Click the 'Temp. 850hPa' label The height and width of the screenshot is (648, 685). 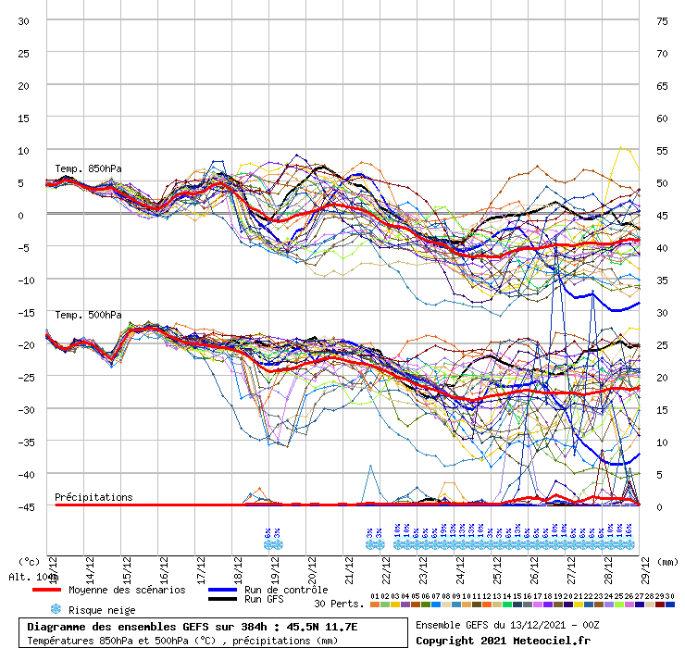[x=88, y=168]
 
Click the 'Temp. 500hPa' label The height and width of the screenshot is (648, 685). [x=88, y=315]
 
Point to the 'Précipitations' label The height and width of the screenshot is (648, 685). [x=93, y=497]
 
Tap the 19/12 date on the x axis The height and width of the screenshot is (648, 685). [x=275, y=563]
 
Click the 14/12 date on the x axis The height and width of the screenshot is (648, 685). [x=90, y=563]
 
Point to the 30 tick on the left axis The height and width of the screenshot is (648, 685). [x=24, y=20]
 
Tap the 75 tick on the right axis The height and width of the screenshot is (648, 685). [x=662, y=20]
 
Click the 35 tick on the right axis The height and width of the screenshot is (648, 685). [x=662, y=280]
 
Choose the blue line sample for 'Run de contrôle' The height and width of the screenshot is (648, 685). [x=223, y=590]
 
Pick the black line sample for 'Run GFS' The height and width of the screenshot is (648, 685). [x=223, y=600]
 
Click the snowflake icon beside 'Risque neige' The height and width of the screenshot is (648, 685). [x=56, y=609]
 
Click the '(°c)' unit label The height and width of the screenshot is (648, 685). [x=29, y=561]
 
